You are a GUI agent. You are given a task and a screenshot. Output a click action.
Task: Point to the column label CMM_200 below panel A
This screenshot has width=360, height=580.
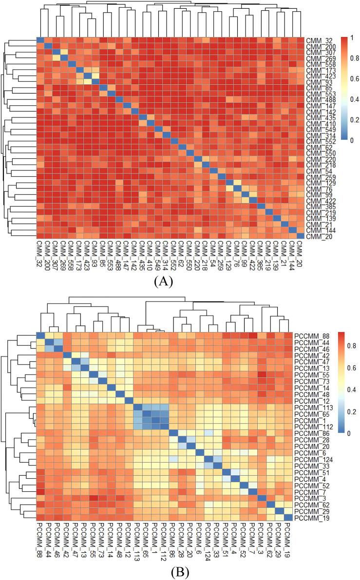[48, 255]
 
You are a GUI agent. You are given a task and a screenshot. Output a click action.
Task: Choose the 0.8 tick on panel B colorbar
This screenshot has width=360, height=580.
[344, 345]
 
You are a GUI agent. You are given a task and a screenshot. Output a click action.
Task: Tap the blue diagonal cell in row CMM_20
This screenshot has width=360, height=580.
[301, 236]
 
